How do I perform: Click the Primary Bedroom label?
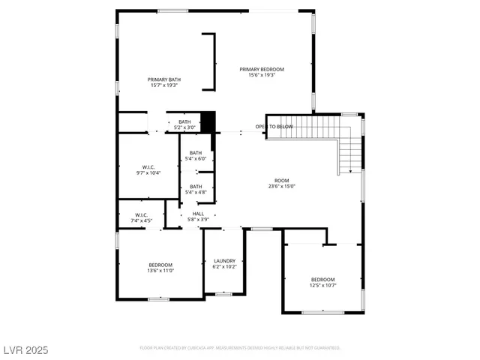pos(262,70)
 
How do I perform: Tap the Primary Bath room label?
pos(163,79)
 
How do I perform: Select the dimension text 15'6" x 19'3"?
pos(262,75)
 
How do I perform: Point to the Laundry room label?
pos(224,261)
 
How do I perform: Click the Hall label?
pos(198,214)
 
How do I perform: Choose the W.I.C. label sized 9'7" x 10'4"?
pos(148,167)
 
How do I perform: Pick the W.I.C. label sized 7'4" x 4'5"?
pos(142,214)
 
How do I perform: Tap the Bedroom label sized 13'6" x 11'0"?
pos(160,265)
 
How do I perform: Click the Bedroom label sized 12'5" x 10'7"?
pos(322,279)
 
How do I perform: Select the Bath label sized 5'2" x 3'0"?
pos(184,122)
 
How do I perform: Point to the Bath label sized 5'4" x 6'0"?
pos(196,153)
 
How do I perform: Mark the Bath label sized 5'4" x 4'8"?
pos(196,186)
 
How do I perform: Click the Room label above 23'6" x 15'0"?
pos(281,181)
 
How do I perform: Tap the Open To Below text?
pos(273,127)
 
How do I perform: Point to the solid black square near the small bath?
pos(208,121)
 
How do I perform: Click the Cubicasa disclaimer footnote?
pos(240,348)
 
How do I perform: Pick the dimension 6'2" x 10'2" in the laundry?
pos(224,266)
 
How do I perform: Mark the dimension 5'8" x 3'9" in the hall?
pos(198,219)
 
